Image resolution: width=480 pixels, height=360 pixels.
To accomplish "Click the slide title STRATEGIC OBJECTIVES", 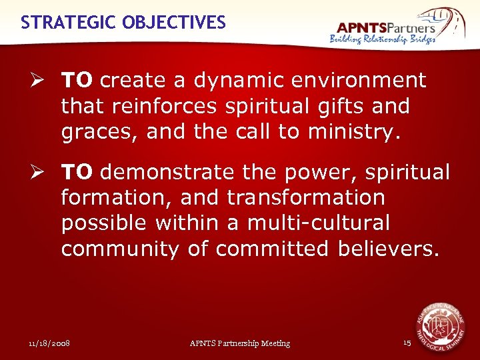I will [123, 23].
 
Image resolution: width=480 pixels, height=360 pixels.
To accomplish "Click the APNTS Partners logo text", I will [386, 27].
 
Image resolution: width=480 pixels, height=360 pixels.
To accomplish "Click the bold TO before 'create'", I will [77, 81].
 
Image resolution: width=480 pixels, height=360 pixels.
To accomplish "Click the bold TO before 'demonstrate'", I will [77, 173].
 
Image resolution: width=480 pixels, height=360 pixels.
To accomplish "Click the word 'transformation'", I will [306, 198].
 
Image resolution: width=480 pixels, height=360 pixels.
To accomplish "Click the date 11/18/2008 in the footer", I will [49, 343].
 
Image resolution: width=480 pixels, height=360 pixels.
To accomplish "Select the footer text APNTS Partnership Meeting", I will [240, 343].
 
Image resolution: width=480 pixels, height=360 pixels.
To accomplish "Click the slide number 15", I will [407, 343].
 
